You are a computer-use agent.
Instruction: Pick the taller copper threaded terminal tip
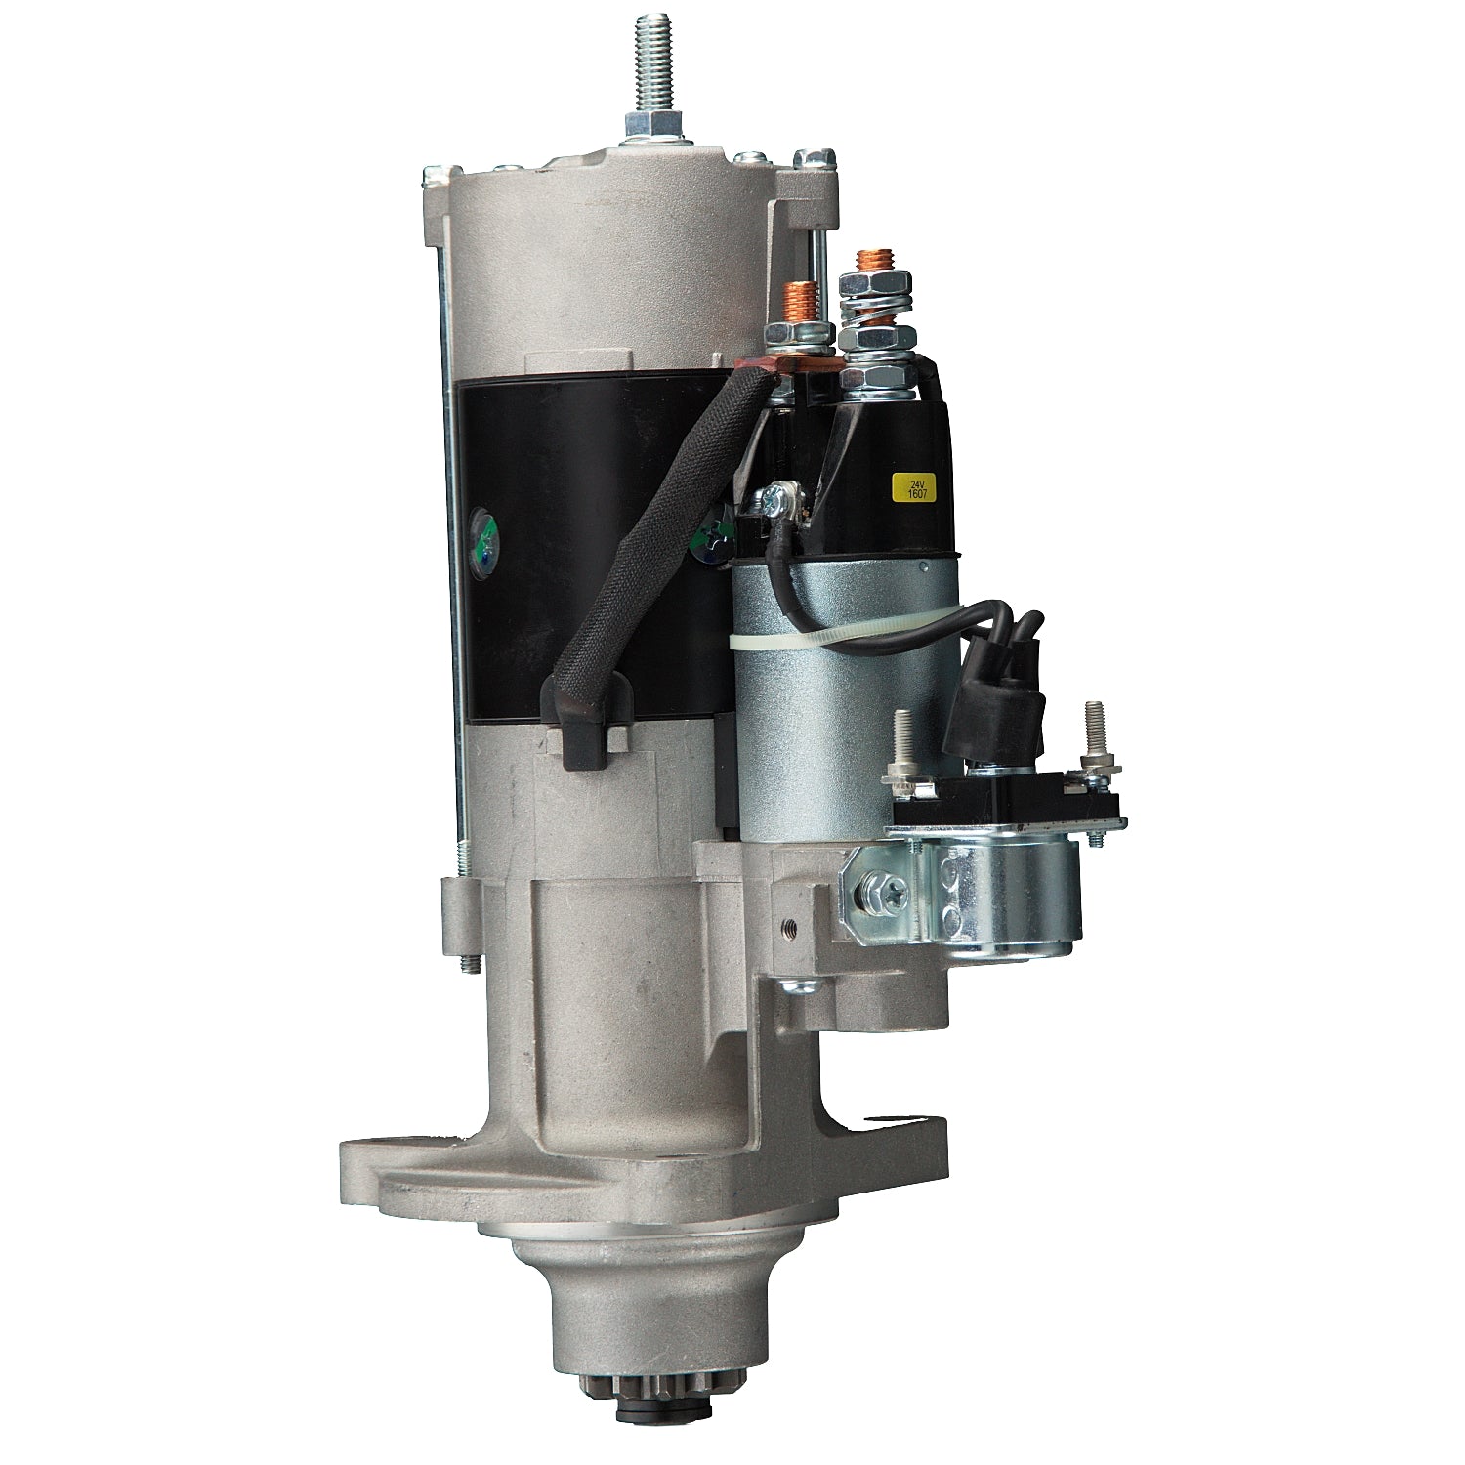(x=868, y=264)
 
